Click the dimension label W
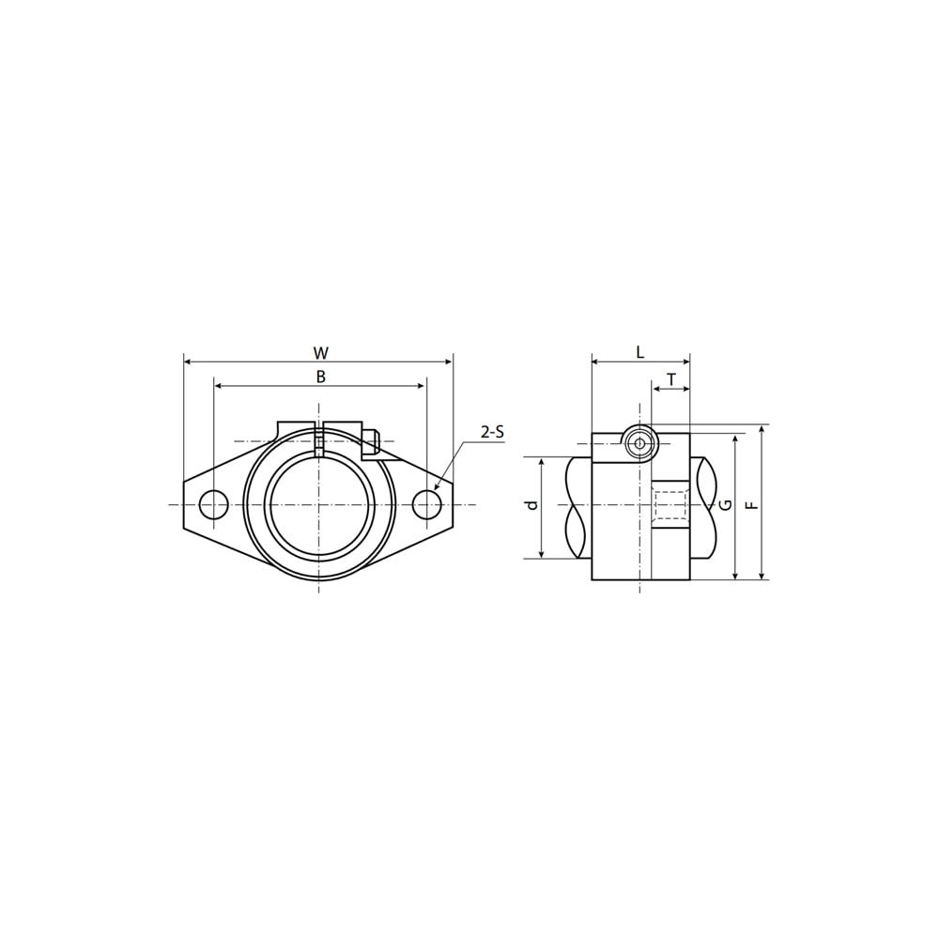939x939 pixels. click(321, 353)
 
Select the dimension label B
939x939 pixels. click(321, 377)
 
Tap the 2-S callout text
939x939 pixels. click(492, 432)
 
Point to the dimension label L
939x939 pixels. click(639, 352)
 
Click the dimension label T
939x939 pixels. click(671, 379)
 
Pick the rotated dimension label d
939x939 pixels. click(531, 505)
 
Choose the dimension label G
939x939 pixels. click(726, 505)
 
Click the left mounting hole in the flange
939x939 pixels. click(213, 504)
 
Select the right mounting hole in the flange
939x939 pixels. click(427, 504)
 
